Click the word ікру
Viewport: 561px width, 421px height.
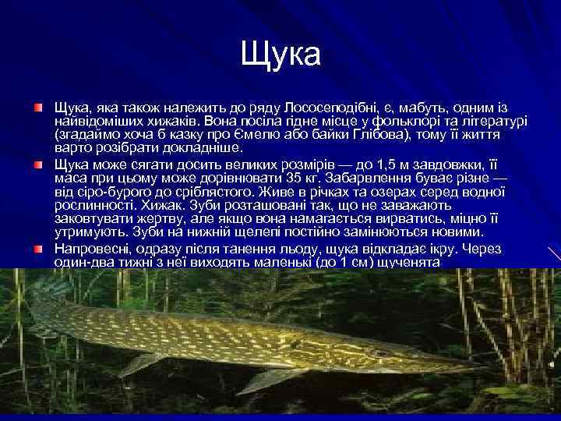440,249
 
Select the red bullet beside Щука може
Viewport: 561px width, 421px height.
37,164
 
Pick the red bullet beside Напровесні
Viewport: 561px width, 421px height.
37,249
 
